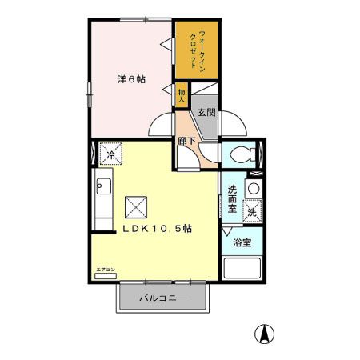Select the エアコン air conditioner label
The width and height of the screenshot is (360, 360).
coord(106,270)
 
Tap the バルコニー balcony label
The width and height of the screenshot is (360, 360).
coord(163,298)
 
